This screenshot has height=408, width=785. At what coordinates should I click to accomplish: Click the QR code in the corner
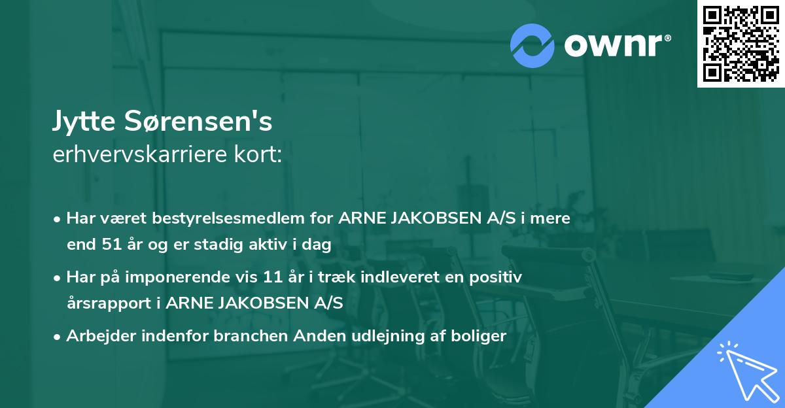coord(740,43)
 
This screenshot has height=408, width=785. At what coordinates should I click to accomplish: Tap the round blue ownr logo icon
coord(532,45)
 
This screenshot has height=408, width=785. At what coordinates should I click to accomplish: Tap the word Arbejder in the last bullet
coord(97,336)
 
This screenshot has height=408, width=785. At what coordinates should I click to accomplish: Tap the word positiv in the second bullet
coord(498,277)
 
